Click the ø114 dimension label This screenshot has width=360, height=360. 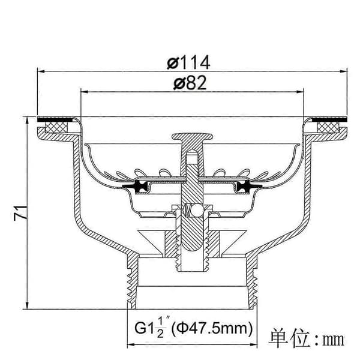188,62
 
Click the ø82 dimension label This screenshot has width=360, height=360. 190,83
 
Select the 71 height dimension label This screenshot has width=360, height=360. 20,213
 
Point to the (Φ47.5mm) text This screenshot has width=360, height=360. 212,328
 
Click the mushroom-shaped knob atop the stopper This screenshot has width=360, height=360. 192,137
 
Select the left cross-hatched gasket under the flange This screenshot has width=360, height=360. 56,127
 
